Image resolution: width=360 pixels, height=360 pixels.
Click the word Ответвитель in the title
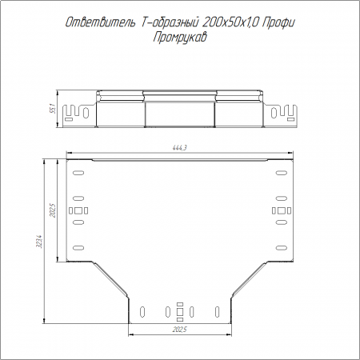tap(100, 22)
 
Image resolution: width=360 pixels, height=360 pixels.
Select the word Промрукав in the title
tap(180, 38)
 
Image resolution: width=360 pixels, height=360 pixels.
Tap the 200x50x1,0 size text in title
tap(230, 23)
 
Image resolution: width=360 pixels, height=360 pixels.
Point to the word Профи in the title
tap(278, 23)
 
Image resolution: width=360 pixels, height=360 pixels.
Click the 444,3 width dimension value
tap(179, 147)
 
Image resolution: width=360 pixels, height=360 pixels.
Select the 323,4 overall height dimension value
tap(39, 241)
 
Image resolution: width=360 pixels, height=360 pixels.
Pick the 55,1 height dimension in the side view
tap(53, 109)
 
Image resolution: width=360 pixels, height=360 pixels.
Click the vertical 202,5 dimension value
tap(53, 210)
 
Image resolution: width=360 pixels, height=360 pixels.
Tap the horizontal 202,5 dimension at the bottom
tap(179, 330)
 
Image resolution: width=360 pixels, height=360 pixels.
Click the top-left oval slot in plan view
tap(78, 173)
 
